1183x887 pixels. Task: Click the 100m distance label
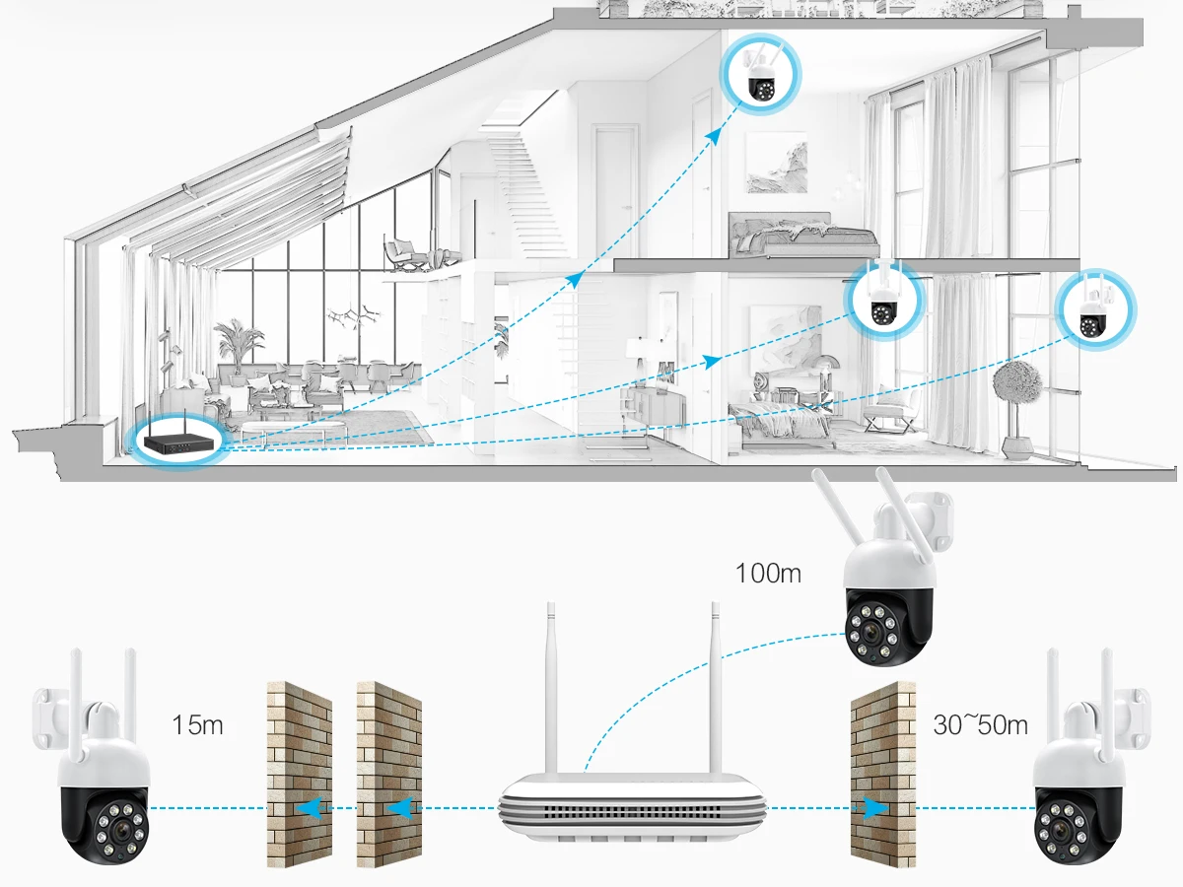768,574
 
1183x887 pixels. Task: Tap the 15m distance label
197,724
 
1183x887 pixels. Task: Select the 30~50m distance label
980,724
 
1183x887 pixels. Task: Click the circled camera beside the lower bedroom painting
884,301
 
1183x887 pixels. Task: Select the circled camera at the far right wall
1094,309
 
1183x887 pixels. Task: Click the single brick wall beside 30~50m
883,776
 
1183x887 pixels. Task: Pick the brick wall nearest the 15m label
300,776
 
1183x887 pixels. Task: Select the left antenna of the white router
551,691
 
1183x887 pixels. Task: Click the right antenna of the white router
716,691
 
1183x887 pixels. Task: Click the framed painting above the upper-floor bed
777,162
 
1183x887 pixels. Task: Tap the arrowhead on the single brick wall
874,808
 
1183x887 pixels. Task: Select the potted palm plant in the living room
238,346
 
